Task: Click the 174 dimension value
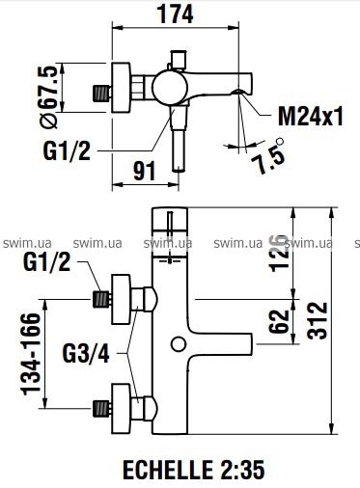(175, 14)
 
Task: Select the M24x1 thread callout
(311, 116)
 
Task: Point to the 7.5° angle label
(267, 157)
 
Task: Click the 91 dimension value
(145, 171)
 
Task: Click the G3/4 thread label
(86, 353)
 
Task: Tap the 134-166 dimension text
(31, 354)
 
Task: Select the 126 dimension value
(280, 253)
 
